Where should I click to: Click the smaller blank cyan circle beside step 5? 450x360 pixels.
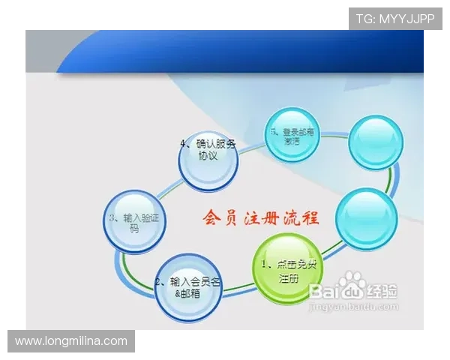[x=376, y=142]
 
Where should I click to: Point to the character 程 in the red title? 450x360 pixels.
[x=309, y=218]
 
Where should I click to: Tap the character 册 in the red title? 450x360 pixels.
[x=269, y=218]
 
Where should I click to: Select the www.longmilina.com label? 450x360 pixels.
[x=71, y=341]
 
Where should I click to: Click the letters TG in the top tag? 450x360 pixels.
[x=364, y=18]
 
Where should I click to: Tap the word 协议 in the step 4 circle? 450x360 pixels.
[x=207, y=156]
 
